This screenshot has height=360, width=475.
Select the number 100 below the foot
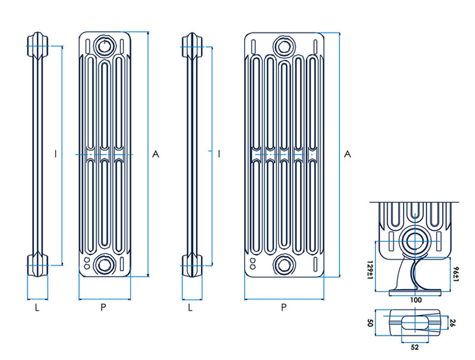pos(414,299)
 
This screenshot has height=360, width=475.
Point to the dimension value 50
pos(371,323)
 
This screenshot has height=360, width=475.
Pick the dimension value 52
pos(414,346)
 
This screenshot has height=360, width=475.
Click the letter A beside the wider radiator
pos(347,155)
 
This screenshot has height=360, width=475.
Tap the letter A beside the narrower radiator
pos(155,155)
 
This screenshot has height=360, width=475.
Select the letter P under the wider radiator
pos(284,308)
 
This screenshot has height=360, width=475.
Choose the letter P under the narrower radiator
pos(104,308)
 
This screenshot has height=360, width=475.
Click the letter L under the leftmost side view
pos(37,308)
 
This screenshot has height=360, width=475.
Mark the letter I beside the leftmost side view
pos(55,155)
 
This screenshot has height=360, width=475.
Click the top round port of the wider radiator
pos(283,46)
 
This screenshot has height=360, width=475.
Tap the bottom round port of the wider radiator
pos(283,264)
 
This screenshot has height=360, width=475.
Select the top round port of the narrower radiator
pos(105,46)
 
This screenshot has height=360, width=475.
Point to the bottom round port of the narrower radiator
pos(105,264)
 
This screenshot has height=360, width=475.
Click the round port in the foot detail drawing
pos(414,241)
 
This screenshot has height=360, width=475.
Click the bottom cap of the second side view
pos(191,265)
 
